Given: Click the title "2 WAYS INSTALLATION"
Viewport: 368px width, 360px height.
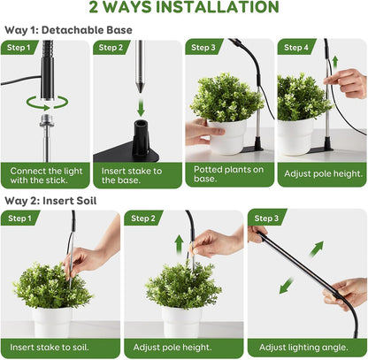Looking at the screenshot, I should [183, 8].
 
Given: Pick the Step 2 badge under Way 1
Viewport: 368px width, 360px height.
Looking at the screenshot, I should [112, 48].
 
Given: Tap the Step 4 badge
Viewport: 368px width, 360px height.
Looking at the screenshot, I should [297, 48].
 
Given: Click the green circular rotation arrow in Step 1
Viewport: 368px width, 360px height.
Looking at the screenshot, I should [38, 103].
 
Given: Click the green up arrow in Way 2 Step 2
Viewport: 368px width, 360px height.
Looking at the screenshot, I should [179, 247].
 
